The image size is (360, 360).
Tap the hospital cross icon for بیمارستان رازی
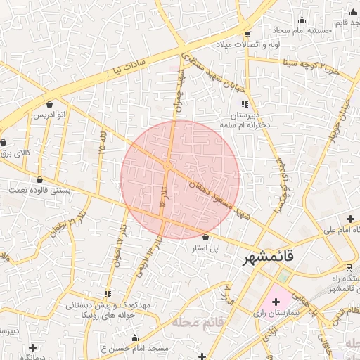click(275, 301)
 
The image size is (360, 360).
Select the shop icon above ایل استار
click(205, 238)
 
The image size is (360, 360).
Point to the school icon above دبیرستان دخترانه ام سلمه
click(244, 104)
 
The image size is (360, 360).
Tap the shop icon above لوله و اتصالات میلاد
click(247, 34)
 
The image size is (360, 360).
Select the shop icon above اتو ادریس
click(50, 104)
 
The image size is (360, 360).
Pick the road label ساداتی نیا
click(131, 65)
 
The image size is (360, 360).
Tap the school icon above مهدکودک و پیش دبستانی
click(108, 293)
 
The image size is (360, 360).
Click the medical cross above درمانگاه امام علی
click(350, 219)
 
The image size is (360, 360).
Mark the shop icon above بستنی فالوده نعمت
click(39, 179)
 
